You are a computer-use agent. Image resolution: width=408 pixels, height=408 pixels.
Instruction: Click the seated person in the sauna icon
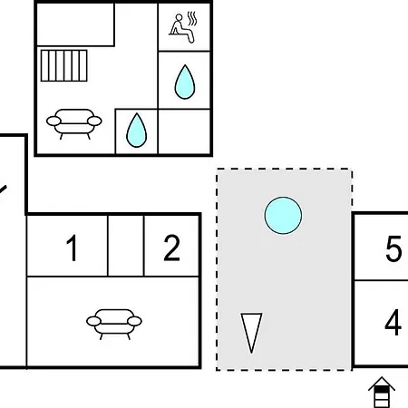[180, 29]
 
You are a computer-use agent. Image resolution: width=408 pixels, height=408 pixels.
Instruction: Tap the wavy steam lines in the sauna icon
[192, 18]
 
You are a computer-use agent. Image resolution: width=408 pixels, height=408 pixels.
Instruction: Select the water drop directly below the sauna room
[185, 82]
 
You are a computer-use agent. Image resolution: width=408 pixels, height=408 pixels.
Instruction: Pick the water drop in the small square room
[136, 131]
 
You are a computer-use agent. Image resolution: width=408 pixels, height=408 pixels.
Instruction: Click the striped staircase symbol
[64, 65]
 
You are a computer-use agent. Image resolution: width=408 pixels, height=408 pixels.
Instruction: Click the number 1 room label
[72, 248]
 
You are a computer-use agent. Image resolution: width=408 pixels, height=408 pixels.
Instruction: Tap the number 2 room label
[171, 248]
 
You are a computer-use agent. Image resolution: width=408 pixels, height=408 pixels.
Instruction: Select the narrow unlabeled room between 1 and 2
[126, 246]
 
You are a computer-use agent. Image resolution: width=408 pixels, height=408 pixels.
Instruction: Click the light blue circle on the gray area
[283, 216]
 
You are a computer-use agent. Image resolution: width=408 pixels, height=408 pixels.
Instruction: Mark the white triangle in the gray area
[251, 333]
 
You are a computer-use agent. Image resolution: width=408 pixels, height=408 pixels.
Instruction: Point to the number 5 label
[393, 248]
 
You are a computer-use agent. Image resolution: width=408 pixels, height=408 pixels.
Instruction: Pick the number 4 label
[393, 322]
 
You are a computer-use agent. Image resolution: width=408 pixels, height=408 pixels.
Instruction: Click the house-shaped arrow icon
[382, 393]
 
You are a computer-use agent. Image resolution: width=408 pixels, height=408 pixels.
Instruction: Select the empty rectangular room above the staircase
[75, 24]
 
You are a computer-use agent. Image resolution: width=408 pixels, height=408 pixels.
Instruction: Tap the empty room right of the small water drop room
[184, 131]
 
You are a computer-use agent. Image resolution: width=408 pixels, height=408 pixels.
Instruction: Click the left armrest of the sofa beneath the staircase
[53, 121]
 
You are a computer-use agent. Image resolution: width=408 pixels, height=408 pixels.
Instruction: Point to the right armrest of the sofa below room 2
[134, 321]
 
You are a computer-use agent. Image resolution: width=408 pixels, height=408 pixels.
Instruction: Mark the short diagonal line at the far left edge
[3, 189]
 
